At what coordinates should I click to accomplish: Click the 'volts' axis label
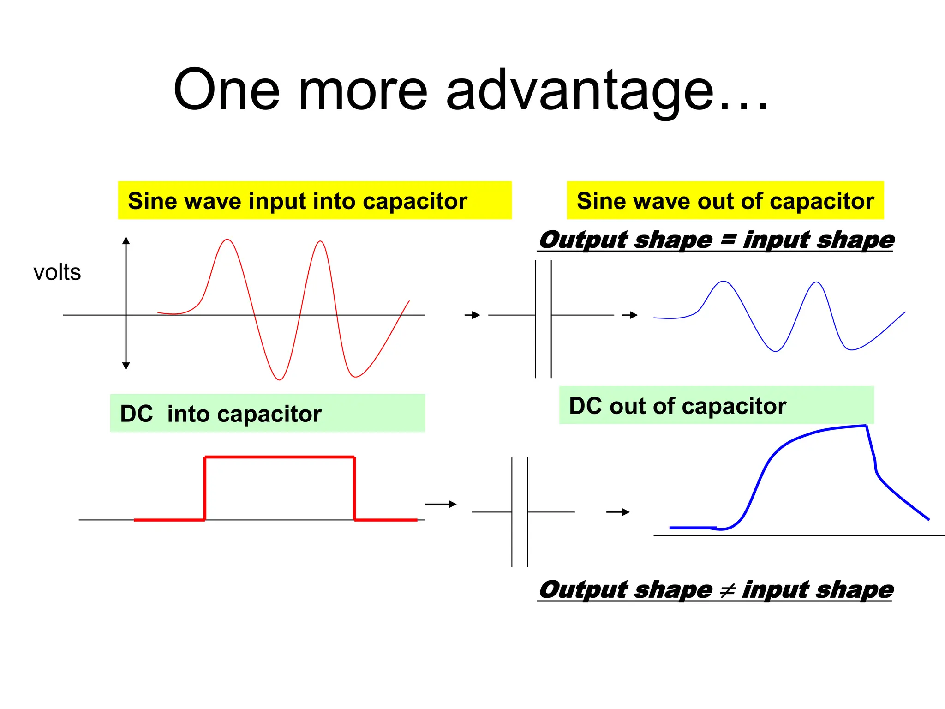click(x=57, y=272)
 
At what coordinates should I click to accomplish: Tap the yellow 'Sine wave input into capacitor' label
click(x=298, y=201)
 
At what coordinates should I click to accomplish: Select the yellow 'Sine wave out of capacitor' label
click(x=725, y=201)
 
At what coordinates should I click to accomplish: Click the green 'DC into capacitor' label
click(x=221, y=414)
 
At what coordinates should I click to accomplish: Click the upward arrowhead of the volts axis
click(x=126, y=240)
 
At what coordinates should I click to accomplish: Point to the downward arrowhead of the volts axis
click(x=126, y=366)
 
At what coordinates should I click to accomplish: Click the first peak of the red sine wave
click(x=227, y=240)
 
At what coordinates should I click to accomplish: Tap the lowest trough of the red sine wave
click(x=279, y=379)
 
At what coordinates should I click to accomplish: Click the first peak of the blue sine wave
click(x=724, y=282)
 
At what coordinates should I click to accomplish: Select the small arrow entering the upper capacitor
click(x=473, y=315)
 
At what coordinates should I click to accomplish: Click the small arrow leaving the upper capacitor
click(x=630, y=315)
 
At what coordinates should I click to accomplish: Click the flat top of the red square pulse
click(x=279, y=457)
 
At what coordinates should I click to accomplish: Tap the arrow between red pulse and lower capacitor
click(x=441, y=504)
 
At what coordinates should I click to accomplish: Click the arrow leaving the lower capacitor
click(x=618, y=512)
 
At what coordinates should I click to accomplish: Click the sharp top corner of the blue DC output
click(x=866, y=426)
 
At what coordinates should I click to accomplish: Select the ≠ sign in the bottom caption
click(x=727, y=590)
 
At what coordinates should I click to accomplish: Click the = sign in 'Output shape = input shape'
click(x=728, y=240)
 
